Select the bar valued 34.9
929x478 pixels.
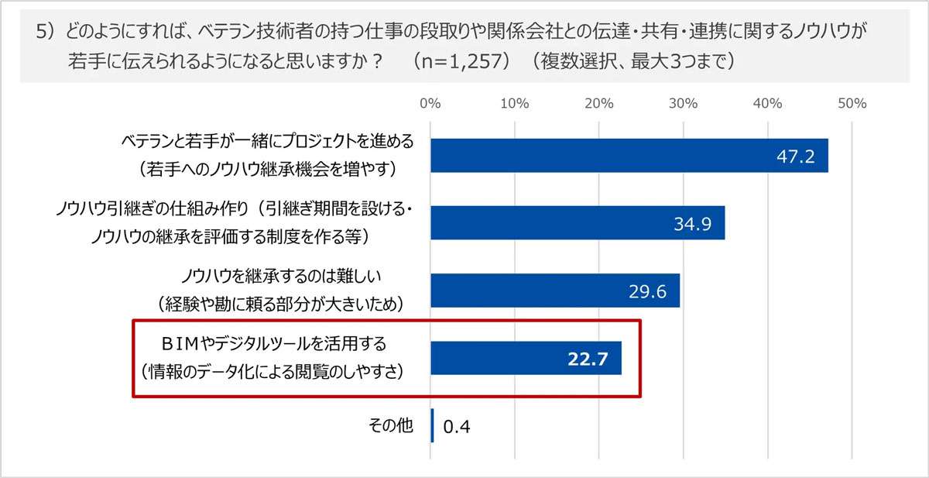(577, 223)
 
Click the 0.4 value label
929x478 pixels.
(458, 427)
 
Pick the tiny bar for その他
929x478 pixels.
(432, 426)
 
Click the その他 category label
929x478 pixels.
(392, 425)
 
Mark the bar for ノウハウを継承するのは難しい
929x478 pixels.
(554, 291)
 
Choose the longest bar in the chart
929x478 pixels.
(629, 156)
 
